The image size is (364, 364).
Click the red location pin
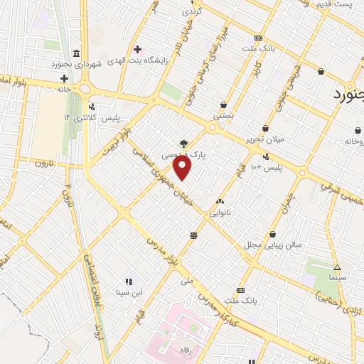(183, 169)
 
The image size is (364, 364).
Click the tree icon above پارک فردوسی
(184, 144)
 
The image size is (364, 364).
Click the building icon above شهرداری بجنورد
(77, 54)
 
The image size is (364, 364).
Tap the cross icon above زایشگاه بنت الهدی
(137, 49)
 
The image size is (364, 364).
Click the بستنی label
(223, 114)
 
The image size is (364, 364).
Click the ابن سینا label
(130, 293)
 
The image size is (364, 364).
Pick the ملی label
(187, 281)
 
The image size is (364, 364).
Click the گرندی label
(193, 12)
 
